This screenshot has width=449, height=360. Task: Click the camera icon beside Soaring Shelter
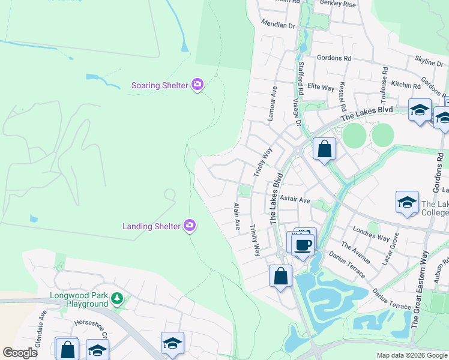(x=197, y=85)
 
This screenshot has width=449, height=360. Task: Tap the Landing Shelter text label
(x=151, y=226)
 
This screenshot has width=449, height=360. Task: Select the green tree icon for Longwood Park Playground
(x=118, y=298)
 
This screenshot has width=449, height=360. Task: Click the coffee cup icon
(x=303, y=244)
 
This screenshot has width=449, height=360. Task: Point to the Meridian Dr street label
(x=279, y=25)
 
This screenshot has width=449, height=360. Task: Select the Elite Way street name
(x=321, y=87)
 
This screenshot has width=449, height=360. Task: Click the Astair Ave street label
(x=295, y=200)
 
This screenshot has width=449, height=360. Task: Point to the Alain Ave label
(x=237, y=217)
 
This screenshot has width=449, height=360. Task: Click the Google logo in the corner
(x=20, y=353)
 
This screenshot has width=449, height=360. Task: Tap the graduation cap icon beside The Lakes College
(x=407, y=202)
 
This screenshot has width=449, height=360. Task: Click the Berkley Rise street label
(x=338, y=4)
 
